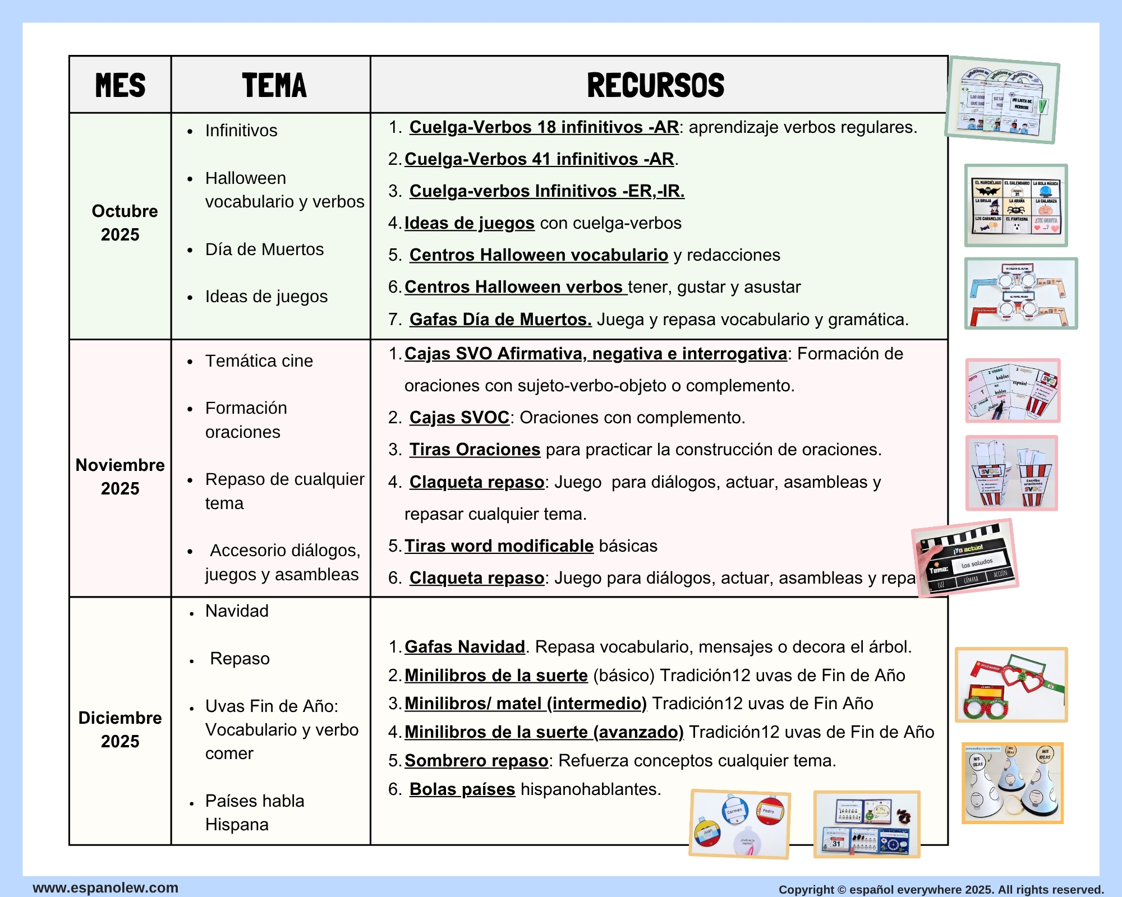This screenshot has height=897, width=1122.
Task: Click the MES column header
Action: point(120,85)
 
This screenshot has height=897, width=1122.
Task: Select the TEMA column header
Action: point(274,85)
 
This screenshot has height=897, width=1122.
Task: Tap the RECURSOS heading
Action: point(655,85)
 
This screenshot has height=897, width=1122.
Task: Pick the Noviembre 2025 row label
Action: point(120,477)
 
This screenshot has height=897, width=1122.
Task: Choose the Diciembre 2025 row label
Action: point(120,729)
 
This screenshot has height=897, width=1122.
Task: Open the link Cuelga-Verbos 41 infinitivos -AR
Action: point(539,159)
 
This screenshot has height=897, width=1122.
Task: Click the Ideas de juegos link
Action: point(469,223)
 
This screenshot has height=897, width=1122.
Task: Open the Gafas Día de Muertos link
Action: point(500,320)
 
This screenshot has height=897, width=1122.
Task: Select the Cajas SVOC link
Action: point(459,418)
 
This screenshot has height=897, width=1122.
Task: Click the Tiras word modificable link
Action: point(499,546)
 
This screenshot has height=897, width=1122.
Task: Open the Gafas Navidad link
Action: point(465,647)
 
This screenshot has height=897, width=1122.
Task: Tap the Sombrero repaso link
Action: point(476,761)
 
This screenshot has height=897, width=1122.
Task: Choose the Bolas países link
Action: point(462,789)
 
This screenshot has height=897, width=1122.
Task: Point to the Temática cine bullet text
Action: point(259,361)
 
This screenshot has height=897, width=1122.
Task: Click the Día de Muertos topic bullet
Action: point(264,249)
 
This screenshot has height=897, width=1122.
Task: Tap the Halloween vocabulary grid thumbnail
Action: point(1015,206)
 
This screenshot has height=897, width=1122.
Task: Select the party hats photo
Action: point(1012,783)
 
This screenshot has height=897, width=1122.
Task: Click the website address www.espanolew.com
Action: point(105,888)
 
